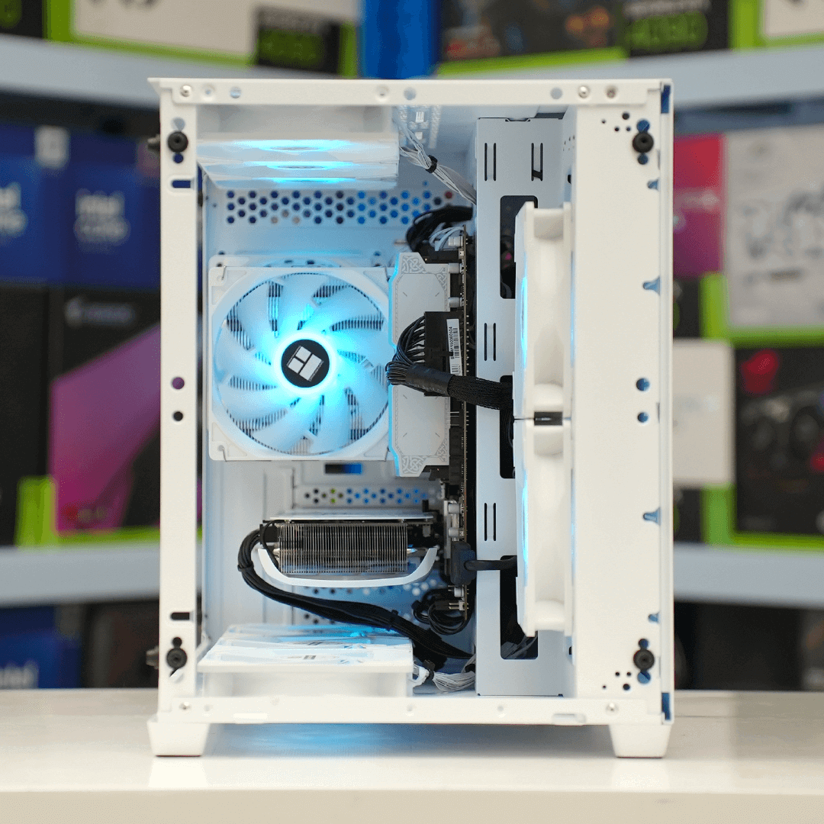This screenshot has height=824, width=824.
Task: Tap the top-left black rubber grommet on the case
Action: (177, 141)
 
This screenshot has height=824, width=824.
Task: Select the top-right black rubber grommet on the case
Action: (642, 142)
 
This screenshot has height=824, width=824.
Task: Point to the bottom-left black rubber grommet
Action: (176, 657)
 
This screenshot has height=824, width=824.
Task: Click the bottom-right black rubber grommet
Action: (643, 659)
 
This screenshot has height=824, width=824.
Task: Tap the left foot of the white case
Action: (179, 739)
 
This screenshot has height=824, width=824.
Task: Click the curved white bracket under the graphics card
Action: (343, 579)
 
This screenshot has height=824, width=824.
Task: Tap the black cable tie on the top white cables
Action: (431, 164)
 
